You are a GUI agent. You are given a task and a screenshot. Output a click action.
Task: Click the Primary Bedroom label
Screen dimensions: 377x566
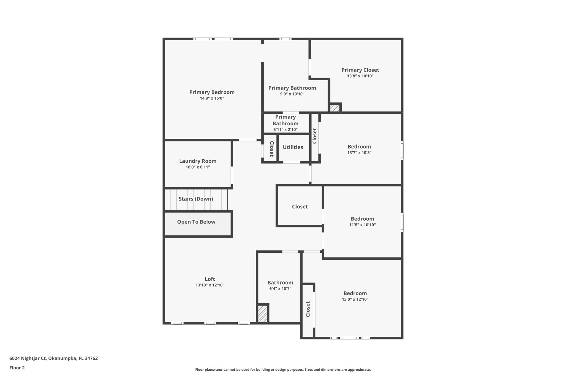(212, 92)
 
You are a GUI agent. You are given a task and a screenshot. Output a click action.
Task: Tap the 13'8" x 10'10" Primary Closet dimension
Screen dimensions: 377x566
(360, 76)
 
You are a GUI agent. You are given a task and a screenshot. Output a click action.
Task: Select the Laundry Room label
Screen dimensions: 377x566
(198, 161)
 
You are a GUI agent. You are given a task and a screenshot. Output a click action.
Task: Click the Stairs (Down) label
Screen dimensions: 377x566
(196, 199)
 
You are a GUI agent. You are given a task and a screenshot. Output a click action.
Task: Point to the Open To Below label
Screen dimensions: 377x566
(196, 222)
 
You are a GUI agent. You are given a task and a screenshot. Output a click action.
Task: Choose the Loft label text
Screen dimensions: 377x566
(210, 279)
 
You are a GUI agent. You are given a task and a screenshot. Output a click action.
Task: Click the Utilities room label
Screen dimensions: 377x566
(293, 147)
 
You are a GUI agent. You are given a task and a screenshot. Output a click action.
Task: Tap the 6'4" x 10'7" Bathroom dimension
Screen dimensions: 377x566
(280, 289)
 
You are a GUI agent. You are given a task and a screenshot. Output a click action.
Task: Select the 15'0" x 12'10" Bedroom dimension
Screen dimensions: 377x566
(355, 299)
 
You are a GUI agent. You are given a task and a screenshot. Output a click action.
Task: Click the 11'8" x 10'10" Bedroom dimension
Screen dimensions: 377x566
(362, 225)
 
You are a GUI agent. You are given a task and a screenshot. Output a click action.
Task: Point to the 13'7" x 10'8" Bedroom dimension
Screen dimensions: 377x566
(359, 153)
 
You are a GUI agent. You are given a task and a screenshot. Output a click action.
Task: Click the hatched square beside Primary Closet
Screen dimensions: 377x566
(335, 108)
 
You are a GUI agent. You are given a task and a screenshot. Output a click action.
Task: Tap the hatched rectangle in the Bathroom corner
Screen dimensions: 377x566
(263, 314)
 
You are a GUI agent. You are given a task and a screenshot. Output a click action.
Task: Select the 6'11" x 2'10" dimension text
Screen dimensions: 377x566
(285, 130)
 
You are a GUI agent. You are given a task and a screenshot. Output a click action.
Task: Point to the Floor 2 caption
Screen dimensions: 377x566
(17, 368)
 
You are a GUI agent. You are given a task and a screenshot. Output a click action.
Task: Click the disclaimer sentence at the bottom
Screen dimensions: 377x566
(283, 370)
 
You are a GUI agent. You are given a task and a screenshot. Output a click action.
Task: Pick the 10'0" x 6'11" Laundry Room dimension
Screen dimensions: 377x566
(198, 167)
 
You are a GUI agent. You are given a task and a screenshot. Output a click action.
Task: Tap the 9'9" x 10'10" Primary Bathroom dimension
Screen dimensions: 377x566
(292, 94)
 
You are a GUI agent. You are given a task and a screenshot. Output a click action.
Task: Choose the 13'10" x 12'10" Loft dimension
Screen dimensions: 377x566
(210, 285)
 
